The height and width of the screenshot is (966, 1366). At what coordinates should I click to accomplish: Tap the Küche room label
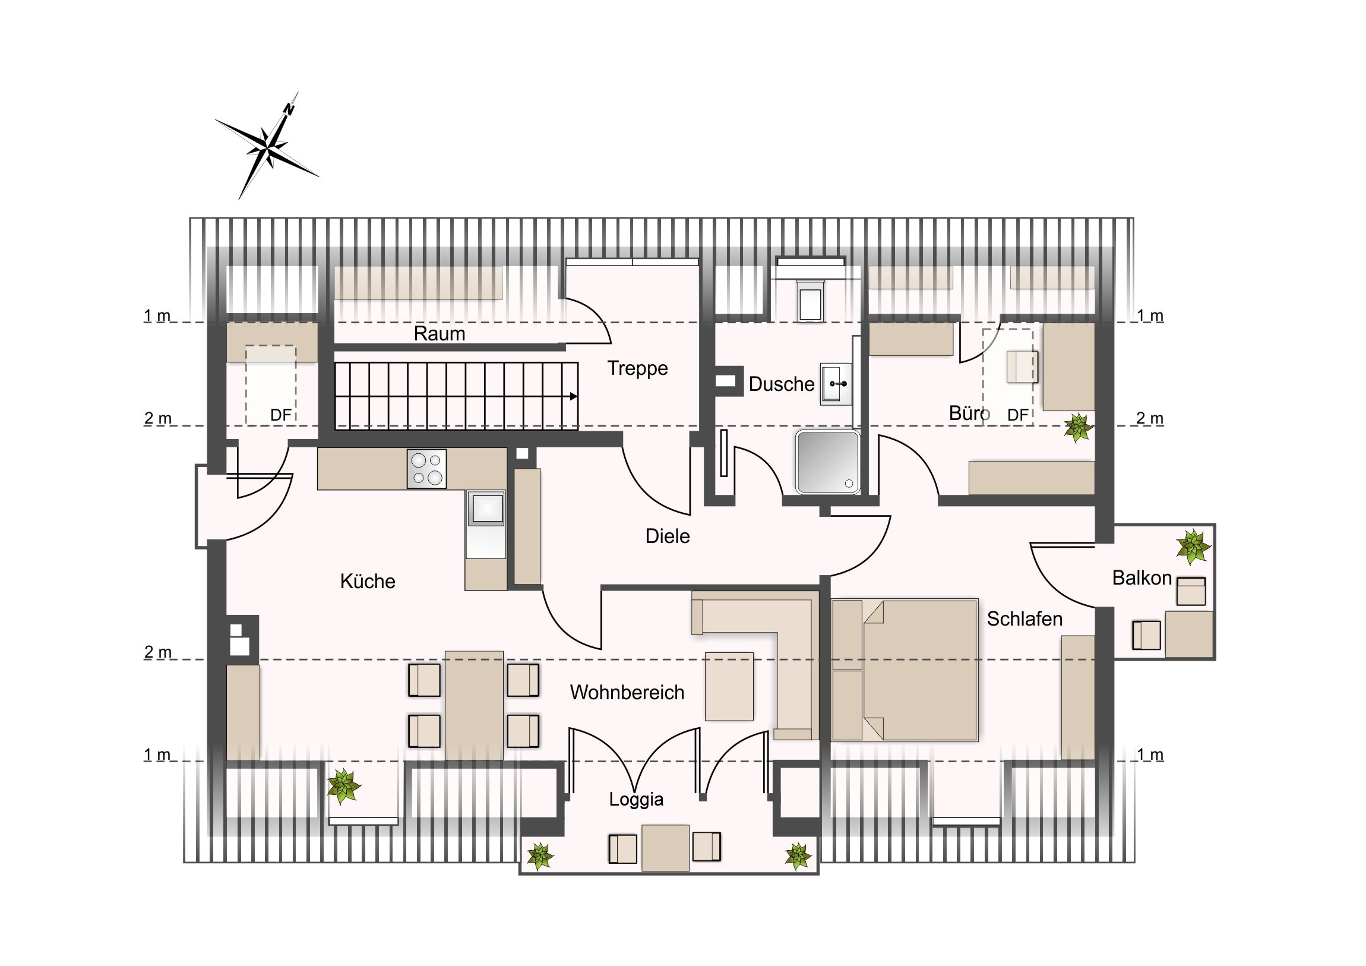(x=368, y=581)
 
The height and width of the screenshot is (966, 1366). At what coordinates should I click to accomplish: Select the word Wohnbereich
(x=627, y=692)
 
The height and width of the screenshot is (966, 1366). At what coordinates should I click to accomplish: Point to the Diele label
(x=668, y=536)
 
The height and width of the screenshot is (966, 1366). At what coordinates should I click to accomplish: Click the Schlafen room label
(x=1024, y=619)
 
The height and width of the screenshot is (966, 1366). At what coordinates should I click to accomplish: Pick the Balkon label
(x=1142, y=577)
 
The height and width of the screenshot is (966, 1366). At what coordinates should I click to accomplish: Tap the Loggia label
(x=636, y=799)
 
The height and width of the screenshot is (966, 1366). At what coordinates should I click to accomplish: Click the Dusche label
(x=781, y=384)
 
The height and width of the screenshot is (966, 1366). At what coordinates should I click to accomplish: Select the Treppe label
(x=637, y=368)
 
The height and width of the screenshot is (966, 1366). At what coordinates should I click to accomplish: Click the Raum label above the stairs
(x=439, y=333)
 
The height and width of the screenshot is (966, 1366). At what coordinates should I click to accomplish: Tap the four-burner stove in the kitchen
(x=426, y=469)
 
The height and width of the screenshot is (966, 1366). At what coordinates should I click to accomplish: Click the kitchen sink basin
(x=487, y=509)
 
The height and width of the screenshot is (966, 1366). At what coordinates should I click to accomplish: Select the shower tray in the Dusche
(x=827, y=462)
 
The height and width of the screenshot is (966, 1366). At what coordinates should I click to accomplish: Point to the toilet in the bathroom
(x=810, y=301)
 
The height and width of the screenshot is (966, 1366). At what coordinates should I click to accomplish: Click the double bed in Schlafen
(x=905, y=670)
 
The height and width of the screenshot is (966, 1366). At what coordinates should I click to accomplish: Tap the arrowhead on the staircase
(x=574, y=396)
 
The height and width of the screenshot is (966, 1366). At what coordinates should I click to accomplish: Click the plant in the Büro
(x=1077, y=428)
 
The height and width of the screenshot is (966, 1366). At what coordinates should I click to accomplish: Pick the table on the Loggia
(x=665, y=848)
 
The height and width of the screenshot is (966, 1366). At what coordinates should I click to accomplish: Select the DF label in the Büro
(x=1018, y=415)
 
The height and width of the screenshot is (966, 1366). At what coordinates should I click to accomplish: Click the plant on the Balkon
(x=1193, y=547)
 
